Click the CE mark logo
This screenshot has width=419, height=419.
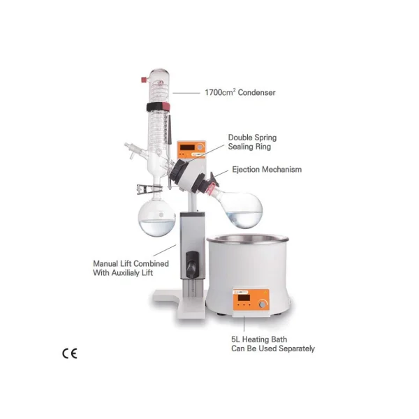pos(69,353)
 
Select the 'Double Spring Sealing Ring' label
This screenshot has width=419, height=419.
pos(253,142)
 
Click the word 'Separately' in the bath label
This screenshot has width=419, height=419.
pos(294,348)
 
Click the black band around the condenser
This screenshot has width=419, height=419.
pos(158,107)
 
